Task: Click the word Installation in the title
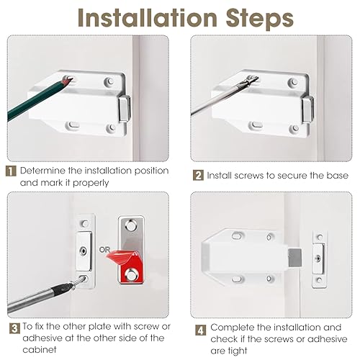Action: (x=148, y=18)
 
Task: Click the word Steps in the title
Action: (x=260, y=19)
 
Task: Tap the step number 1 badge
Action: (x=11, y=171)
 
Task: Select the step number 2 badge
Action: (x=198, y=175)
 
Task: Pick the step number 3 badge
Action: (x=14, y=328)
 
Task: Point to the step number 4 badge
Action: (x=201, y=330)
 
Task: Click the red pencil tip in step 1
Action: (x=66, y=81)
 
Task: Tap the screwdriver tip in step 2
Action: (x=254, y=78)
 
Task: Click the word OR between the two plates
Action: (x=104, y=250)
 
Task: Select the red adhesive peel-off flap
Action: (x=120, y=257)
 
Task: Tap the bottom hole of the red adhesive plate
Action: (x=131, y=275)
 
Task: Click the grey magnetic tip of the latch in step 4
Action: (x=295, y=258)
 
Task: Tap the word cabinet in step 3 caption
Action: (x=40, y=349)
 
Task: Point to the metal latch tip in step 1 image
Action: (x=125, y=109)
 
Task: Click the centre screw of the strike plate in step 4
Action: (x=318, y=258)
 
